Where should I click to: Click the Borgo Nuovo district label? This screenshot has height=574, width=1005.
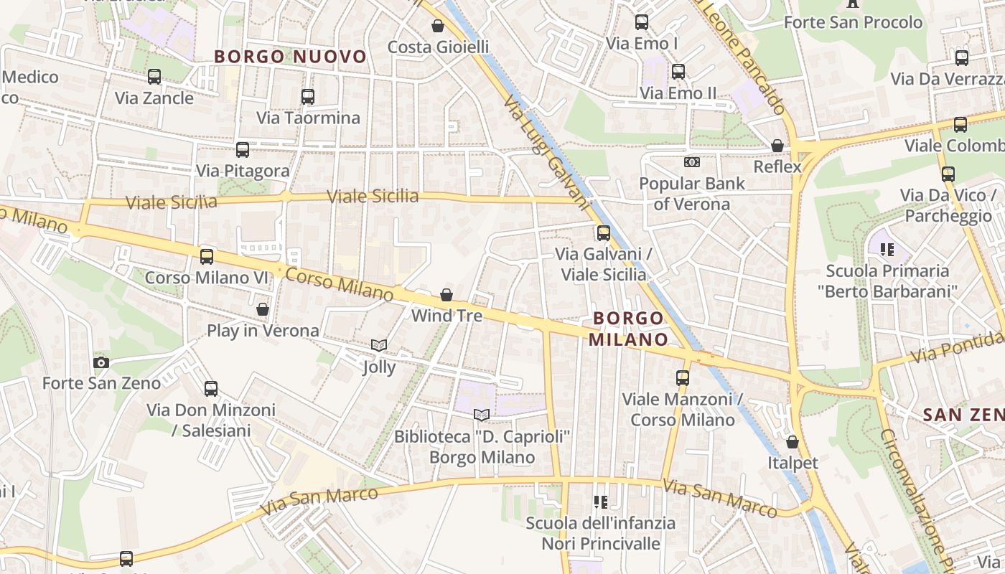[x=290, y=57]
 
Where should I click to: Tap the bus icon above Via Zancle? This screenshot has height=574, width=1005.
[x=154, y=77]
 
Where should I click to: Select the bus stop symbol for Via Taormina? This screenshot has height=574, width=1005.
[x=308, y=96]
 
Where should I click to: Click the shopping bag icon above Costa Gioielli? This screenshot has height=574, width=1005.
[x=438, y=27]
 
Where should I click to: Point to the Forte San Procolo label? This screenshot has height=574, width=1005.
[x=853, y=22]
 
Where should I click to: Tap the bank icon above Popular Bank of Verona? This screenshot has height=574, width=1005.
[x=692, y=162]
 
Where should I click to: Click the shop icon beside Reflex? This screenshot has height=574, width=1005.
[x=777, y=146]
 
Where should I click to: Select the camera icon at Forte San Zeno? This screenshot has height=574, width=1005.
[x=101, y=362]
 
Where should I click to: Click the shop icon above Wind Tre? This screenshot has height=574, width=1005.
[x=447, y=295]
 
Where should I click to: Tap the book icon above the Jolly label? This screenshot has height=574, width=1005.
[x=379, y=346]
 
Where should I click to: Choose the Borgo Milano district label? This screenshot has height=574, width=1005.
[x=629, y=329]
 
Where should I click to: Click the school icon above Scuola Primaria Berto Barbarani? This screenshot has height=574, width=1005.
[x=887, y=250]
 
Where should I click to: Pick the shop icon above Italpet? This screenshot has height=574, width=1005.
[x=793, y=442]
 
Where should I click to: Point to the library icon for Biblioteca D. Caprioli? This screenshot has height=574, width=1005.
[x=482, y=415]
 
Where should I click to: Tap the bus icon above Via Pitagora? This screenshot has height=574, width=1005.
[x=243, y=150]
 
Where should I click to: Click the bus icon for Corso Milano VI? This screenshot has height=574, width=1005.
[x=207, y=256]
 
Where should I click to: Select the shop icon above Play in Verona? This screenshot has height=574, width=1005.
[x=263, y=309]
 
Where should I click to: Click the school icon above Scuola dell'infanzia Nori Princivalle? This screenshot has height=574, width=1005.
[x=601, y=502]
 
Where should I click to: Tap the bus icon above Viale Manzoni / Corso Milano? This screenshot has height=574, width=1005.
[x=683, y=377]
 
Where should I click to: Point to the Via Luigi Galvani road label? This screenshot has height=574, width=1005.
[x=546, y=150]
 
